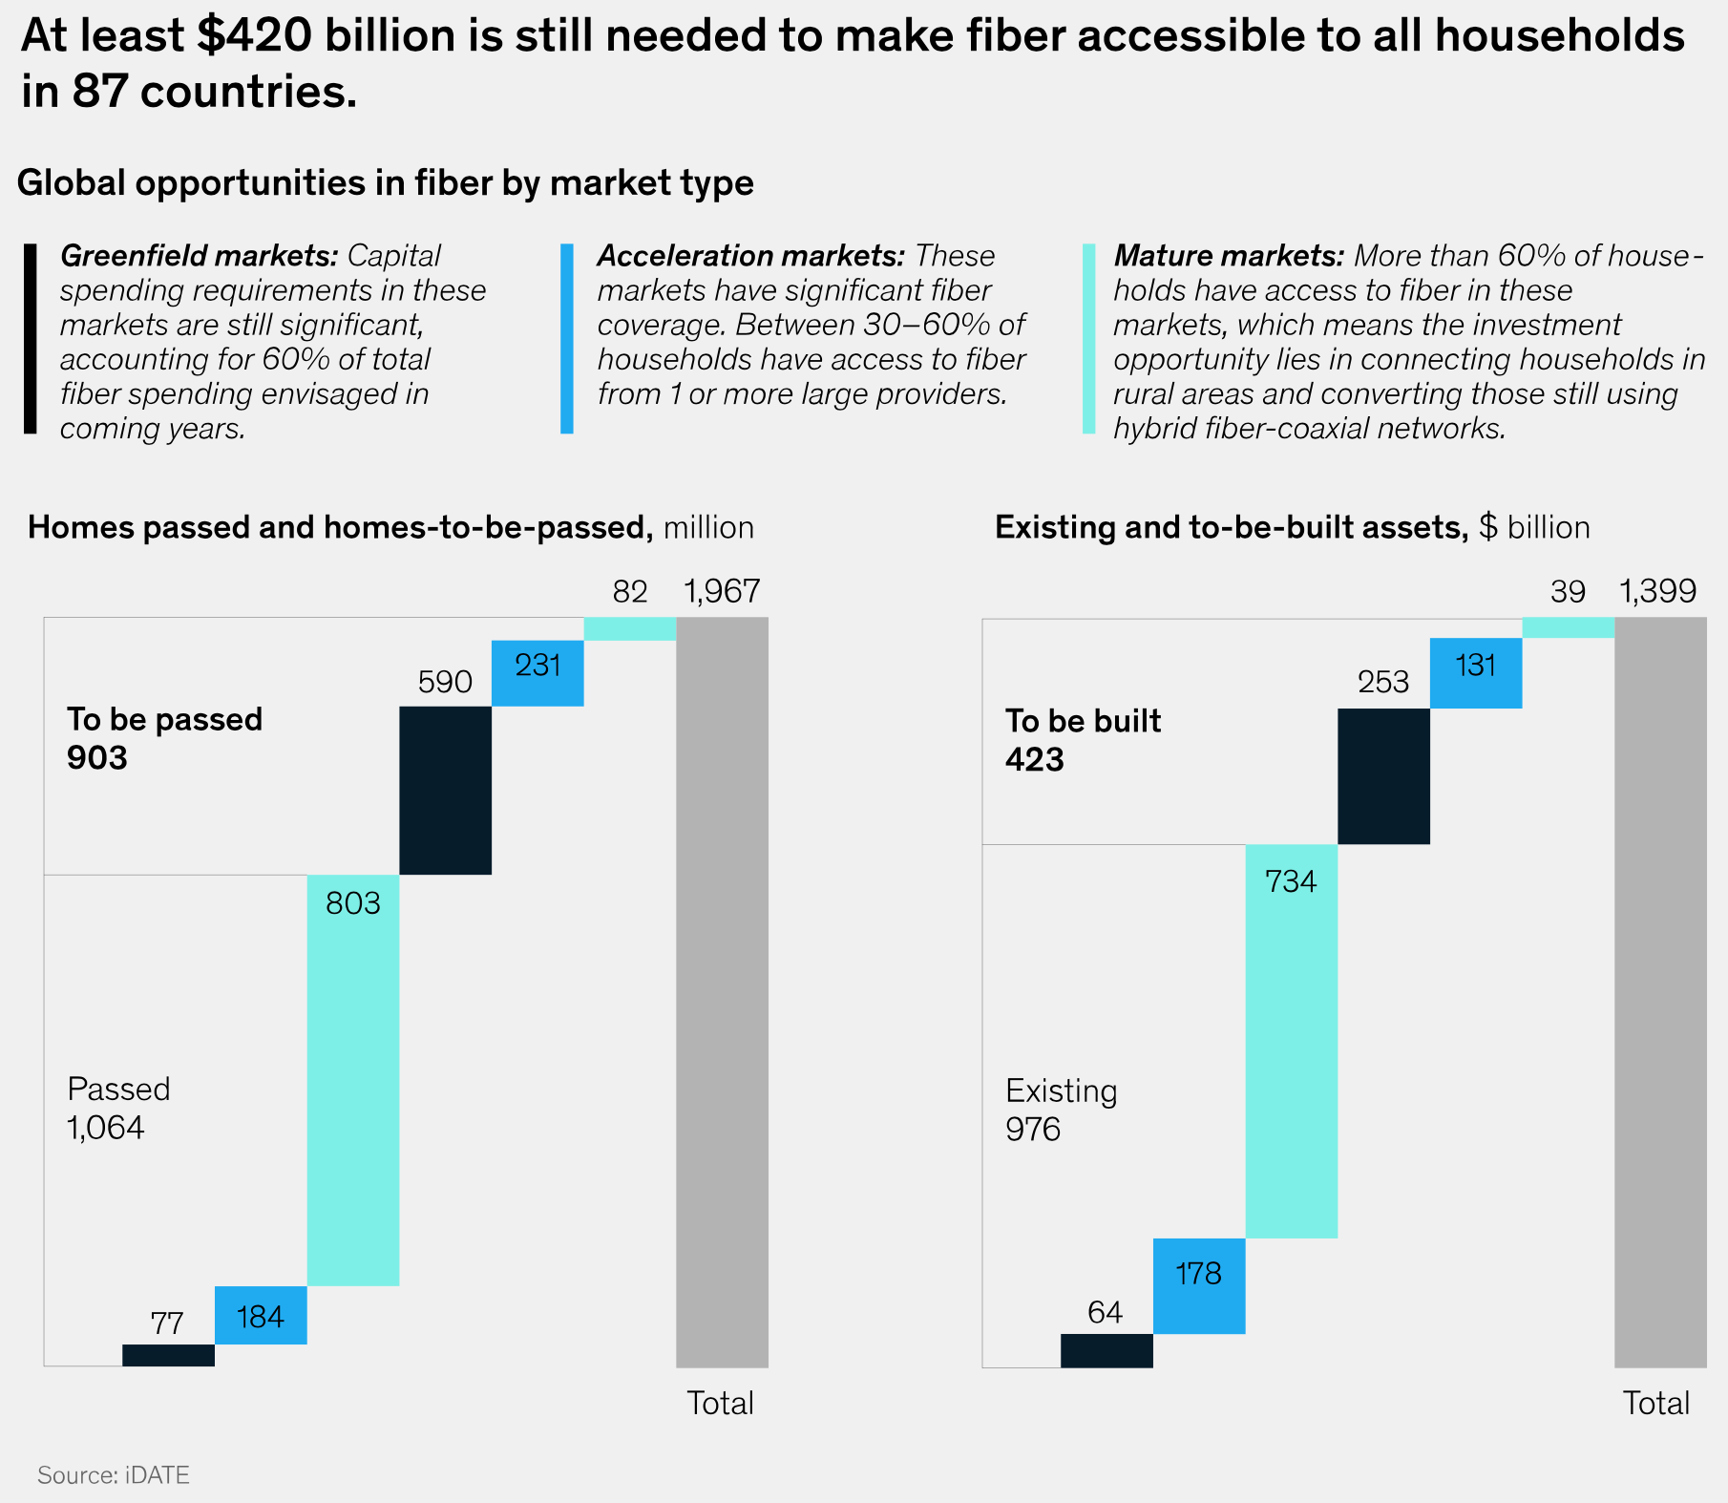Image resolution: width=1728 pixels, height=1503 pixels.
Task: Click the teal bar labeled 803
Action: point(352,1079)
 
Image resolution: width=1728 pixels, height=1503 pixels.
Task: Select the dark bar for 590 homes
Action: point(445,790)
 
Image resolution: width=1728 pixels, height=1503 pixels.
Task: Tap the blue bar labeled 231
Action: point(537,672)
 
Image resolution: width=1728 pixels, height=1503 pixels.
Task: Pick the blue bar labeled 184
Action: point(261,1315)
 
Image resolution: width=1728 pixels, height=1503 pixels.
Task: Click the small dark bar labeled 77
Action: point(168,1355)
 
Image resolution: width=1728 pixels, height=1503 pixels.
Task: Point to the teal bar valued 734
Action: point(1291,1041)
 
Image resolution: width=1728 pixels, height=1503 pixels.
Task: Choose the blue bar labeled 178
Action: point(1199,1285)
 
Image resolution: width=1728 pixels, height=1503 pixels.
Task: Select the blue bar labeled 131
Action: point(1476,672)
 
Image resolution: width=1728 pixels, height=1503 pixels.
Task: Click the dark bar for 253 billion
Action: point(1383,775)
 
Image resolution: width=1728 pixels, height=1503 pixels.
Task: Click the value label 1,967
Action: point(722,592)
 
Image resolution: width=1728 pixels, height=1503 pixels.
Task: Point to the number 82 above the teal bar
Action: point(630,593)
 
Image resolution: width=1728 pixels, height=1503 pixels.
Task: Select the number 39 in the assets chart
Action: point(1568,593)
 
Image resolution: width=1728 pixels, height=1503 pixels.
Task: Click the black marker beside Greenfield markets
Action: point(31,339)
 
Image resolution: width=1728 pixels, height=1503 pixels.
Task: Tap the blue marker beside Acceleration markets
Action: point(567,339)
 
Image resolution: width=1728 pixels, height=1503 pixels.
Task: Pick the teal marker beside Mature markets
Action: point(1088,339)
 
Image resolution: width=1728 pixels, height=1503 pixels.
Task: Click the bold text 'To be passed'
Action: point(164,719)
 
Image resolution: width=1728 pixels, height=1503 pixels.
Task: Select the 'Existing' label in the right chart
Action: point(1061,1090)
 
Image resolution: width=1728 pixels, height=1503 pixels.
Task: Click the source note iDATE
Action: point(114,1475)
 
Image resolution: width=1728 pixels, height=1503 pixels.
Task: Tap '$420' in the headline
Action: point(255,36)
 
